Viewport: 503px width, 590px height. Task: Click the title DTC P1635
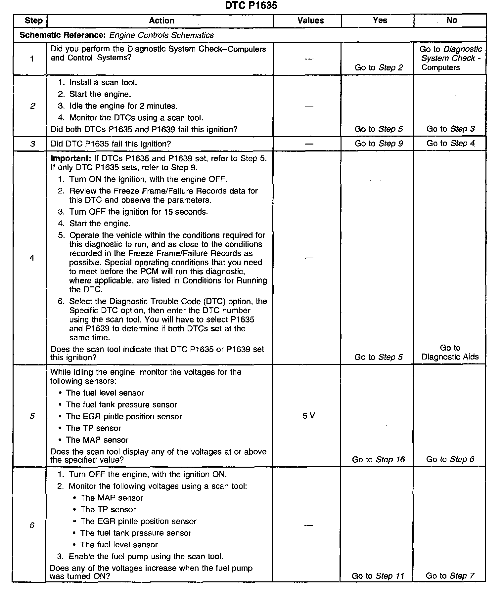251,6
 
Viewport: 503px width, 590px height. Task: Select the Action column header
161,21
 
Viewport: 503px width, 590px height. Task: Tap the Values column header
310,21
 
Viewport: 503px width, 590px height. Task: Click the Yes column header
380,20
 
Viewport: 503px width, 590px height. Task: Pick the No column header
451,20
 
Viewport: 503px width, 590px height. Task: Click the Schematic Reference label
63,35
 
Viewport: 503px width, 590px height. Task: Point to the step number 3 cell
32,144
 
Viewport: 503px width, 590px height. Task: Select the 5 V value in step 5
309,416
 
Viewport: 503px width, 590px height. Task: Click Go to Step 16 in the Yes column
378,459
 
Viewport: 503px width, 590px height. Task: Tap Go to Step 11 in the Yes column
378,576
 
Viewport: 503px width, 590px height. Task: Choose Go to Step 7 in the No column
450,576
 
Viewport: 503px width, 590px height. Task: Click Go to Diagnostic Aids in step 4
450,353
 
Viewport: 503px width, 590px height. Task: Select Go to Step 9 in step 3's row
379,144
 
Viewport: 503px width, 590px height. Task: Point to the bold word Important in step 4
69,158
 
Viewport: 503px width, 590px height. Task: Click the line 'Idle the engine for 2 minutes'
123,106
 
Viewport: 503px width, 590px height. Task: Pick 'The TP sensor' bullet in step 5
93,428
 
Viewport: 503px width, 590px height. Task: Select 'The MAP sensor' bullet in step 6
112,498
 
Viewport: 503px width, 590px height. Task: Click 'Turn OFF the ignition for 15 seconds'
138,212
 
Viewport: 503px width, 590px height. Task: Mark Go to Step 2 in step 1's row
379,68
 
